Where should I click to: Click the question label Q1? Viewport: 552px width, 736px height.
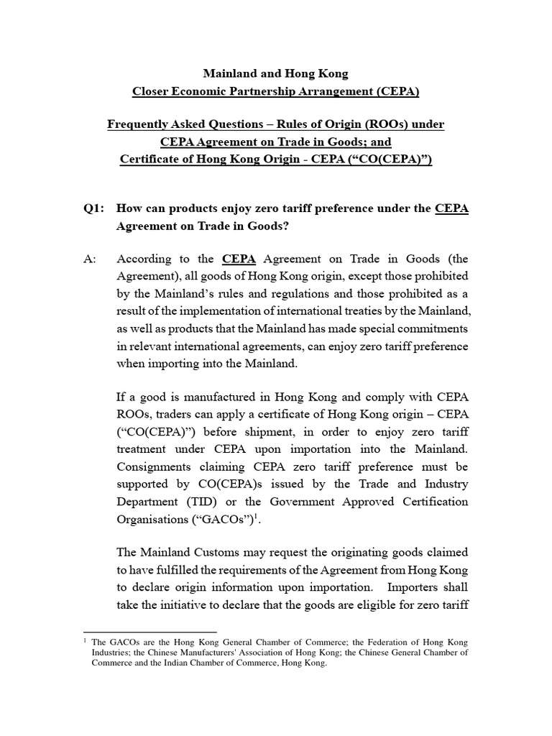[x=93, y=209]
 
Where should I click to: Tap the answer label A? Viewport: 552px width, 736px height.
[x=91, y=259]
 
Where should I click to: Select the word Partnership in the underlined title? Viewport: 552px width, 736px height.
[x=275, y=91]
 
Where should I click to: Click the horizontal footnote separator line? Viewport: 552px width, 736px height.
[x=150, y=632]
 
